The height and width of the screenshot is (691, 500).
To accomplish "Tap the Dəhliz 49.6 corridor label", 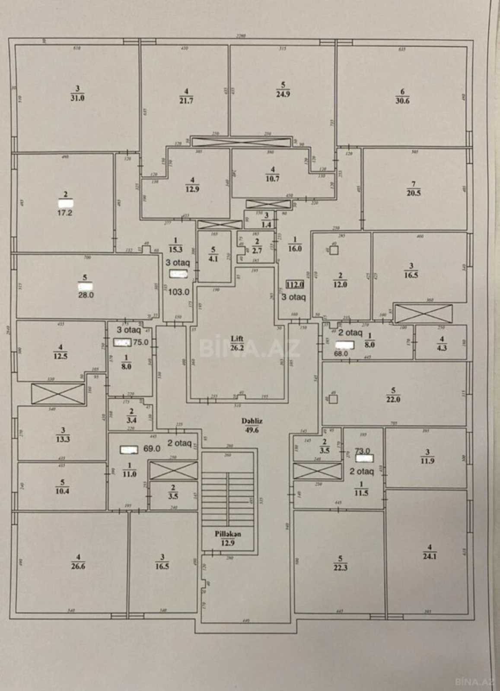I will point(252,425).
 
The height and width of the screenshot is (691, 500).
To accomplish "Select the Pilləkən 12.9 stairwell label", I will point(228,538).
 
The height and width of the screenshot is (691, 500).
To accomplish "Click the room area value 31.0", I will point(78,98).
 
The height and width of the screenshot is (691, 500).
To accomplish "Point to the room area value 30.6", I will point(402,100).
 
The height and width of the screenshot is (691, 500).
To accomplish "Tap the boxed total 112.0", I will point(296,284).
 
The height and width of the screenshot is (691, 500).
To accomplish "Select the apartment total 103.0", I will point(178,292).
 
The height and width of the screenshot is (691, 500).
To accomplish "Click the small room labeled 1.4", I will point(266,223).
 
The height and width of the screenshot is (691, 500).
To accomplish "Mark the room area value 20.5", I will point(414,193).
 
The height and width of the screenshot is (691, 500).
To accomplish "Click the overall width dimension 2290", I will point(241,36).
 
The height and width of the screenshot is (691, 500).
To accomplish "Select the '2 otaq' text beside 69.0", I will point(179,443).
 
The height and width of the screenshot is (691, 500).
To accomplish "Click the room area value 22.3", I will point(340,567).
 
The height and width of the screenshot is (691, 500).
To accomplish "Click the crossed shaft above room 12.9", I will point(241,141).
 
